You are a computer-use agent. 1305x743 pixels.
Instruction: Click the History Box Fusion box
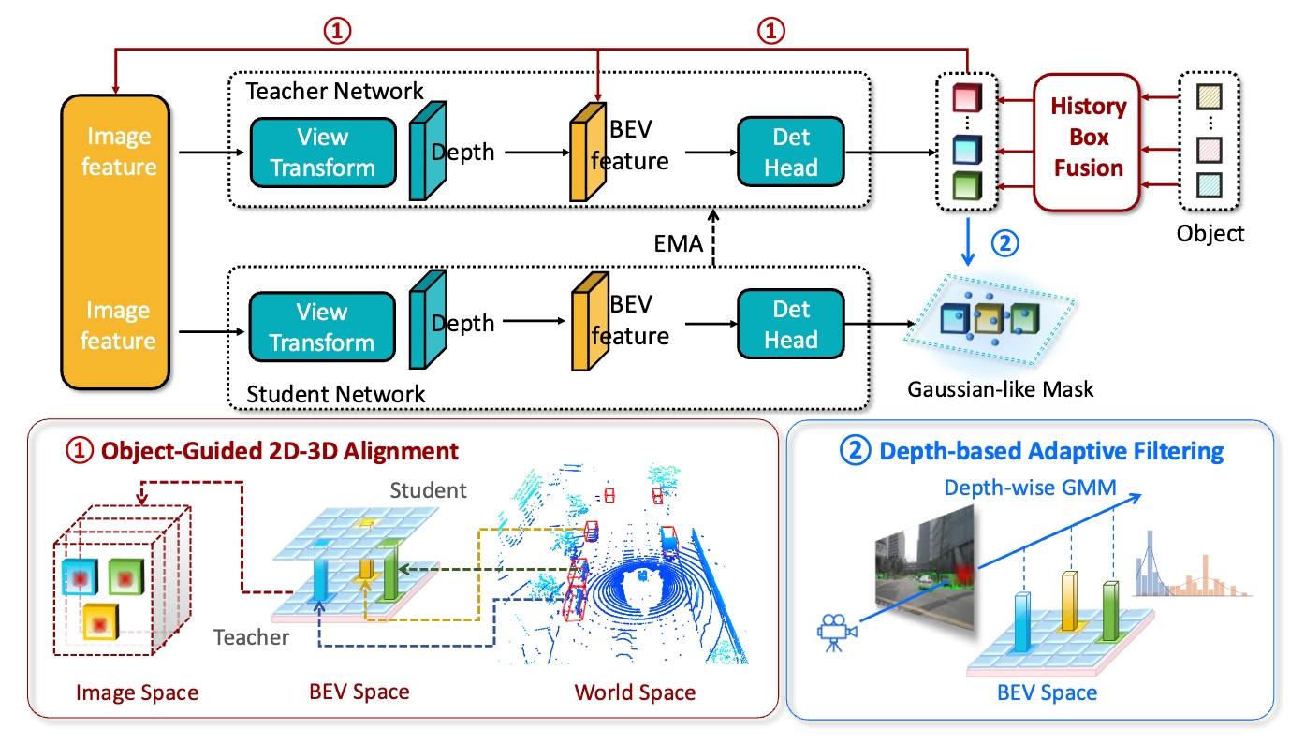click(x=1087, y=138)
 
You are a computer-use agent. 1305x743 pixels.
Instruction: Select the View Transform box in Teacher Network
click(x=322, y=153)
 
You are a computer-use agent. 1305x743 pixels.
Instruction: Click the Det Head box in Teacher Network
click(x=791, y=153)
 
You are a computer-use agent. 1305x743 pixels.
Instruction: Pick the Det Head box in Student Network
click(x=791, y=326)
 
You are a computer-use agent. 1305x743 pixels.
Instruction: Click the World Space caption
click(x=635, y=692)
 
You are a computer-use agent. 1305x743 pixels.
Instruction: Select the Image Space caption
click(x=138, y=692)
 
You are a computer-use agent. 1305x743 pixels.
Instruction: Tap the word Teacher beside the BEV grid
click(x=251, y=637)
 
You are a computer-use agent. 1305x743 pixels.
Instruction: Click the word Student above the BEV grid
click(x=427, y=489)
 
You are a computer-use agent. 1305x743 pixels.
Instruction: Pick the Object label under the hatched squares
click(x=1210, y=233)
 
